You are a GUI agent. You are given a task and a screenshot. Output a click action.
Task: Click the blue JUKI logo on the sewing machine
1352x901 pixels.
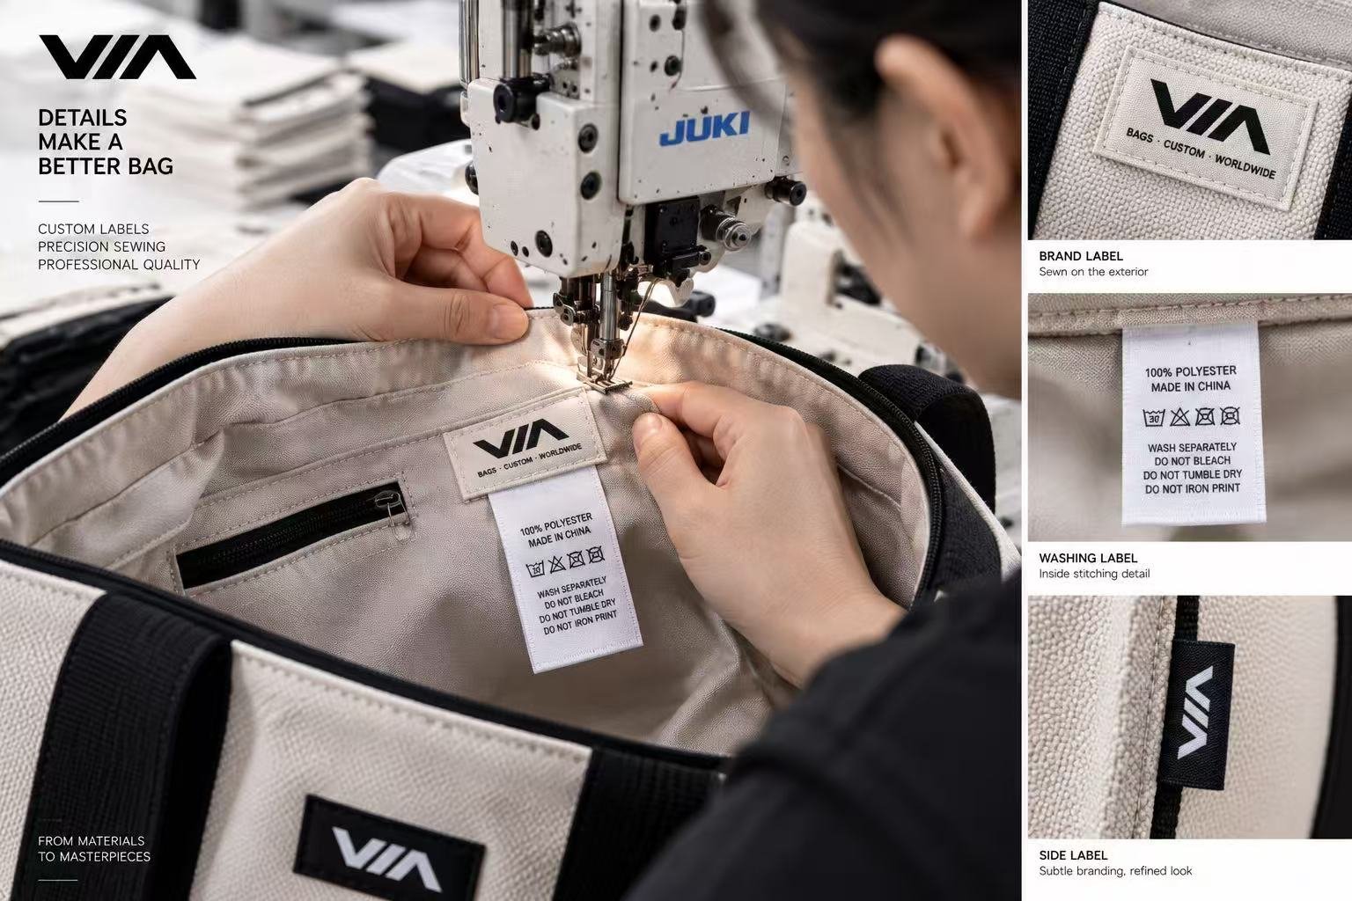pos(704,128)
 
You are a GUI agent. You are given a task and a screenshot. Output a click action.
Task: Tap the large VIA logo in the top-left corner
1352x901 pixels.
pos(118,57)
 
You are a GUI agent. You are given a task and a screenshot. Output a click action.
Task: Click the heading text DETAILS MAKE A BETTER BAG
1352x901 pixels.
pos(106,142)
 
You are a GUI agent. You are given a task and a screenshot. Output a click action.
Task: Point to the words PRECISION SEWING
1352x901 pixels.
pos(101,247)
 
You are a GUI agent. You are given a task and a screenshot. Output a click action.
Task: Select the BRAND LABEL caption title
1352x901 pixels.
pos(1080,256)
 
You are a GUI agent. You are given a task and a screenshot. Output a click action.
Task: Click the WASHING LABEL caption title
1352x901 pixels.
pos(1088,558)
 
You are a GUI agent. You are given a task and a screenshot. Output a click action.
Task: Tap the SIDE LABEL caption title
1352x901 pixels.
pos(1073,855)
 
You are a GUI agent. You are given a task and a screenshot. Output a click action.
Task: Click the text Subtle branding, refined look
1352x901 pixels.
pos(1115,871)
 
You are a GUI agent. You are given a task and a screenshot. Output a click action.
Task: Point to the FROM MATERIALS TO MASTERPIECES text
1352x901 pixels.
pos(94,848)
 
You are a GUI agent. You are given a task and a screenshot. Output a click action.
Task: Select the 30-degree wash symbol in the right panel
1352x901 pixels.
pos(1153,418)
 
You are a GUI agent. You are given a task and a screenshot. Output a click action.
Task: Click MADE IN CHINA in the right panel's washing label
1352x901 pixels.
pos(1190,386)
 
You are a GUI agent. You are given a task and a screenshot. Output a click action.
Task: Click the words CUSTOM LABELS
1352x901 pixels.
pos(93,230)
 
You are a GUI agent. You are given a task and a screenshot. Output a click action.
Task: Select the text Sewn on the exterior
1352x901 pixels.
pos(1093,272)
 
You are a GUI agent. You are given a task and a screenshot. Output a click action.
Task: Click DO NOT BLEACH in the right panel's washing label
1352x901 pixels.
pos(1193,461)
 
